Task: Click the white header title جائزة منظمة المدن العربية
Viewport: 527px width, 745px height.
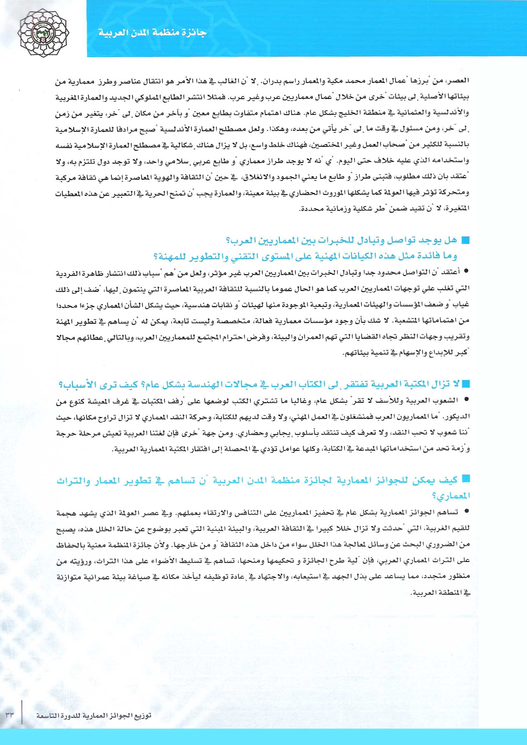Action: pos(152,33)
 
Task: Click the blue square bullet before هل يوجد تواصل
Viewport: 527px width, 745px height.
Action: pos(466,240)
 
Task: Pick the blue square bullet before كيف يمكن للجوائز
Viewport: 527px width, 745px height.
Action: pos(466,479)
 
